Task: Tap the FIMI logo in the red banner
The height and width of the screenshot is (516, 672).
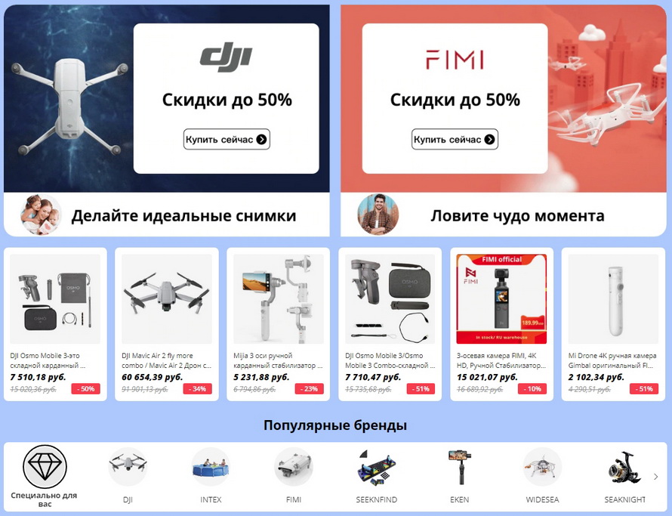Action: coord(454,60)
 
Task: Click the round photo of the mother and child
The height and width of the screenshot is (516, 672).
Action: coord(41,215)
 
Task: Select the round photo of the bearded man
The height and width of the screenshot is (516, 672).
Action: coord(377,215)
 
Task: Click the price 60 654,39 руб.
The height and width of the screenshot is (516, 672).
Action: coord(152,376)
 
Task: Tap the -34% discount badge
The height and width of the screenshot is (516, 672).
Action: coord(199,389)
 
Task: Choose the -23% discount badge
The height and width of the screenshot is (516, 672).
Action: coord(310,389)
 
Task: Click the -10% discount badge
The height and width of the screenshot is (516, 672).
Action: coord(532,389)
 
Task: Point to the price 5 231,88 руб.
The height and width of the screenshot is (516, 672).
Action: coord(261,376)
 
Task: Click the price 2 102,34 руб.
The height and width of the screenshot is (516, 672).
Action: coord(596,376)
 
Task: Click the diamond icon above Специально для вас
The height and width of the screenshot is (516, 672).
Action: coord(45,467)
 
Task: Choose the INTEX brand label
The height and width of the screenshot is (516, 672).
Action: coord(211,499)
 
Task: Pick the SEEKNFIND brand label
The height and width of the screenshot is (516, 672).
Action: coord(377,499)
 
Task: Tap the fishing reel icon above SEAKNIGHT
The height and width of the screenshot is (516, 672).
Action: coord(625,467)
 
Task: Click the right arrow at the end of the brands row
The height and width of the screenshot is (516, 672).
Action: coord(655,477)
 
